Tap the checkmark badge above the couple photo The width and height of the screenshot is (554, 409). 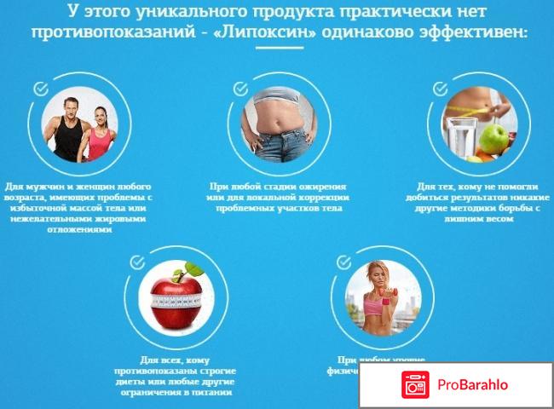tap(39, 87)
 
